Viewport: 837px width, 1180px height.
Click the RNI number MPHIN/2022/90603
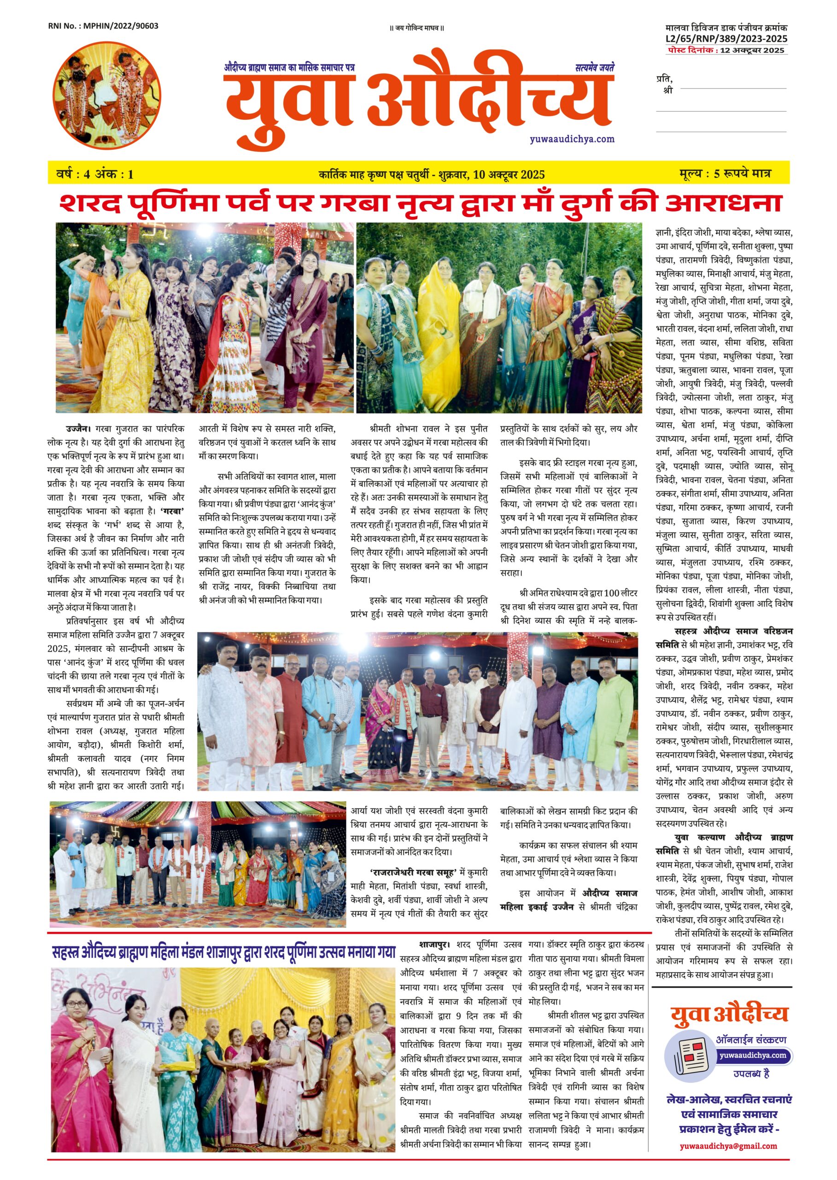[103, 26]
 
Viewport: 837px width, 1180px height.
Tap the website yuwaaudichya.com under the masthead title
[572, 139]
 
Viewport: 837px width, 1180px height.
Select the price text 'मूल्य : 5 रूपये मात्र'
[725, 174]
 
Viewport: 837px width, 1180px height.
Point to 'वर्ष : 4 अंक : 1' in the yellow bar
[95, 174]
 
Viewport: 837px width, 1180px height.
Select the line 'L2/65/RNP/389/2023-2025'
[726, 39]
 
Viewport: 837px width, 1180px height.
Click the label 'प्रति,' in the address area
[664, 79]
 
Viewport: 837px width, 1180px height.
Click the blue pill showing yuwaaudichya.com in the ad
[755, 1055]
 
